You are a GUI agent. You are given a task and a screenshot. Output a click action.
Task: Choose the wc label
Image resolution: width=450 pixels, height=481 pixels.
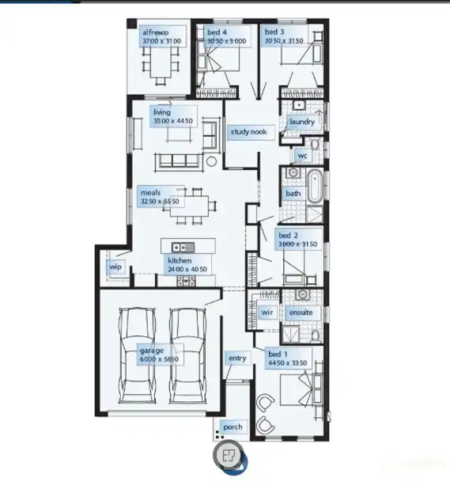tap(302, 156)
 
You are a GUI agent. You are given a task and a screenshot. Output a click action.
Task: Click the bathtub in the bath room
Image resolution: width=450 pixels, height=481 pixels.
tap(313, 186)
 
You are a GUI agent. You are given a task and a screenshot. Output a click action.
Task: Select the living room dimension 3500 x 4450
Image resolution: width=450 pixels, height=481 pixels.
tap(173, 122)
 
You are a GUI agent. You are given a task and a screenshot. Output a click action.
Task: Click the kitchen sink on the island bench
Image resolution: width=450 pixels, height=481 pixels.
tap(180, 246)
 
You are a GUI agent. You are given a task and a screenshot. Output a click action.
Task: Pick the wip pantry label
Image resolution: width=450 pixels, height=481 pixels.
tap(114, 266)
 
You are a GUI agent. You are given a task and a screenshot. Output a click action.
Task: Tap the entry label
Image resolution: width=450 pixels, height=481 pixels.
tap(236, 358)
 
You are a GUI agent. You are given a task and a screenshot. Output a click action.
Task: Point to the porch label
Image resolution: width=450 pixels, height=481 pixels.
tap(233, 427)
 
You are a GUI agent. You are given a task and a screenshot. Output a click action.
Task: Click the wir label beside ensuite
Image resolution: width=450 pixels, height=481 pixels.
tap(267, 312)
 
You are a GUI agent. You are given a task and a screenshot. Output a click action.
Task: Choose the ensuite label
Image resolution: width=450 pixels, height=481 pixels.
tap(301, 312)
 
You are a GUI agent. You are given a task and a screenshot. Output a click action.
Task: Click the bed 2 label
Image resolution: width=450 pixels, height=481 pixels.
tap(286, 235)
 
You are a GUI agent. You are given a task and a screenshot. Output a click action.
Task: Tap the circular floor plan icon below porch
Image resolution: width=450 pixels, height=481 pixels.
tap(229, 455)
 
